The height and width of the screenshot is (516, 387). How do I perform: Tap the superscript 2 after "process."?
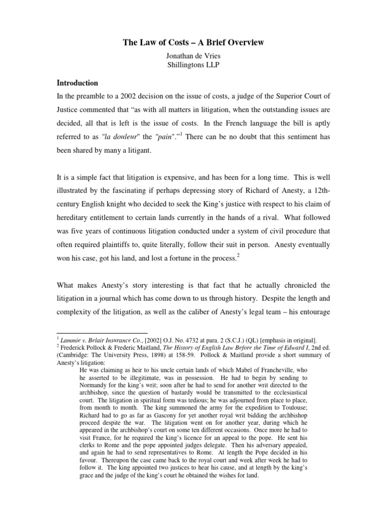[x=238, y=256]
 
